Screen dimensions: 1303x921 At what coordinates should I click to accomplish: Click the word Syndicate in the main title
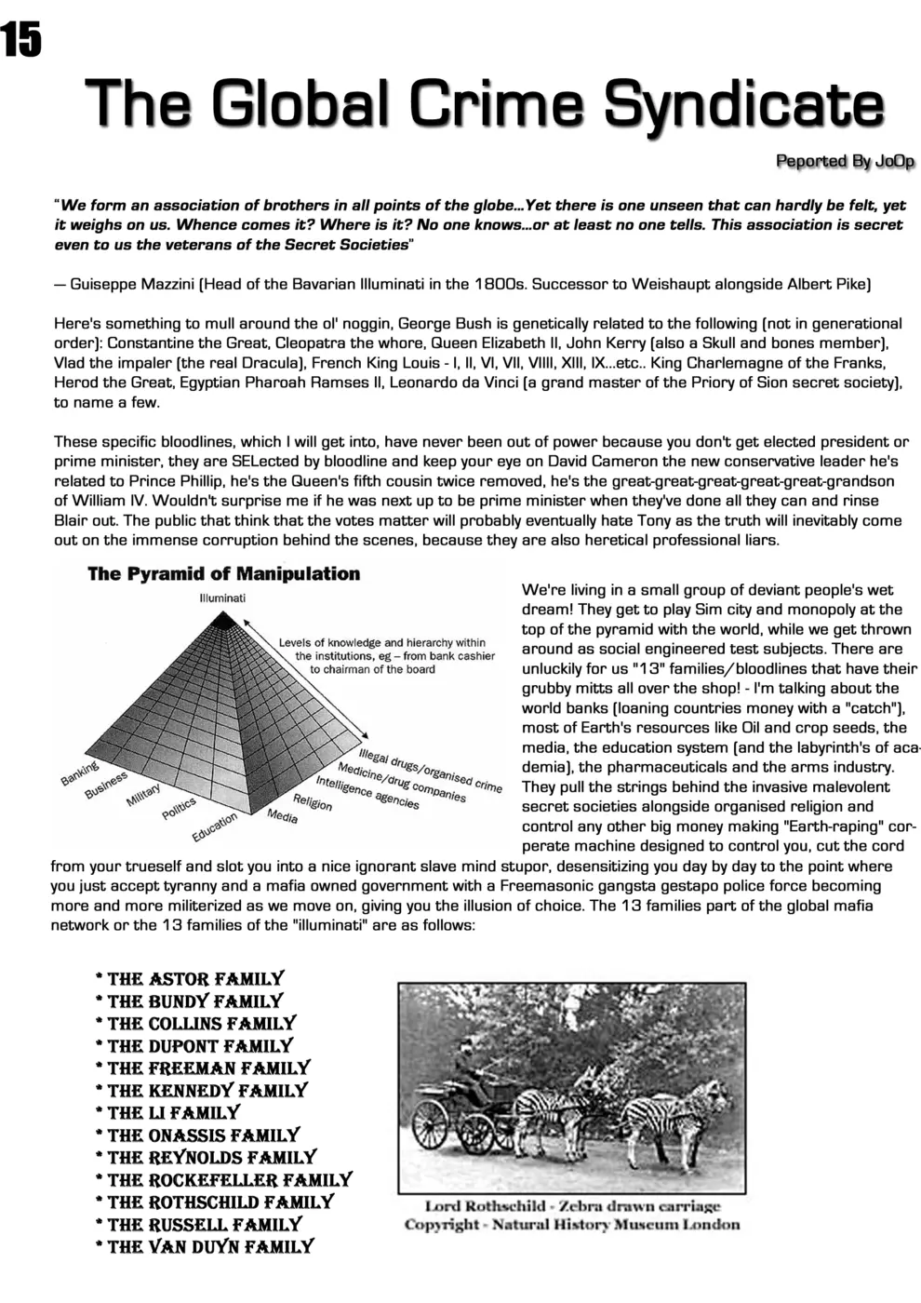click(743, 104)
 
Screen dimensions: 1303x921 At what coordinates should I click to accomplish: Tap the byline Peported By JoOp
click(845, 162)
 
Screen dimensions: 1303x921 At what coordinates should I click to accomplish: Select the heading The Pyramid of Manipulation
click(223, 574)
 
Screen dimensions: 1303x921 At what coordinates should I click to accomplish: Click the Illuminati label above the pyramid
click(222, 598)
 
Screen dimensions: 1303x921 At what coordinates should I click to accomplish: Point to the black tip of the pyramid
click(221, 616)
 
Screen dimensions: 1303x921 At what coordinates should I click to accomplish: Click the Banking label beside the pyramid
click(80, 773)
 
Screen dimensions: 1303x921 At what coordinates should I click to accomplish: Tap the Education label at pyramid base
click(214, 826)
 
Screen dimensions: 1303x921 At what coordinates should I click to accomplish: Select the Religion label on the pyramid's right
click(313, 801)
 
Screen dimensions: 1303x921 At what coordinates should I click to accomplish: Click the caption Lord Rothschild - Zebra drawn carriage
click(572, 1206)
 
